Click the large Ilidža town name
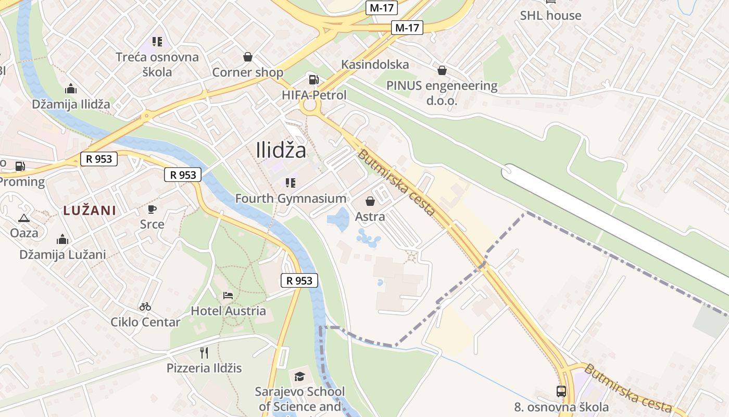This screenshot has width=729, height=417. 281,150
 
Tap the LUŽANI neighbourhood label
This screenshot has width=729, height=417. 89,211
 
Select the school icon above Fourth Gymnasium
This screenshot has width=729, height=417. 291,183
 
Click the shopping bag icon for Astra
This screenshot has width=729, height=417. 370,201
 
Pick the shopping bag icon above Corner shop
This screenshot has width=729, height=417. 248,57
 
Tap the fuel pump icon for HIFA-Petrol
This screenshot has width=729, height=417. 313,80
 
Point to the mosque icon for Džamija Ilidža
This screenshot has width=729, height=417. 71,89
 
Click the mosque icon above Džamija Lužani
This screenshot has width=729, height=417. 62,239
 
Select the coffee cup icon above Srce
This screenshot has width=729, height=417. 152,209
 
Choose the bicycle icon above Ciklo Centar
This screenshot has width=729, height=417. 145,306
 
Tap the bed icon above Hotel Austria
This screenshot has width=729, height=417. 228,296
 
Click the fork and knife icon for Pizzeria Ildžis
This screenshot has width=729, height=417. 204,353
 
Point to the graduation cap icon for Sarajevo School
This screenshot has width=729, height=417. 299,376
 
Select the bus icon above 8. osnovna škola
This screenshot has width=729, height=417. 561,391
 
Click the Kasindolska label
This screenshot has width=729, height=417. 375,65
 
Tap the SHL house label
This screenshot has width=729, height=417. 550,16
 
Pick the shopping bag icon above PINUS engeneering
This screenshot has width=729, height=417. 442,70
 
